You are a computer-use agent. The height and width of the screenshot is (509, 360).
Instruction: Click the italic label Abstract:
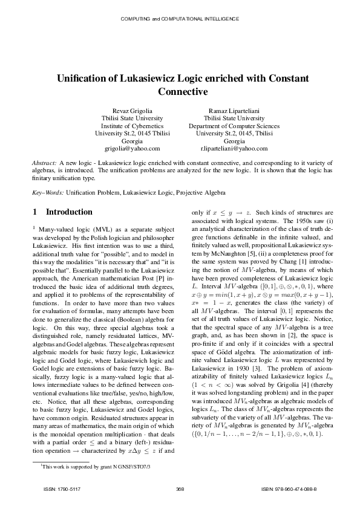coord(44,164)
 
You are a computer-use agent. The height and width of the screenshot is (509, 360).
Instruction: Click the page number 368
coord(180,488)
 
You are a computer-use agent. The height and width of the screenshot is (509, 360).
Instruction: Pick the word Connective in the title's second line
coord(183,92)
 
